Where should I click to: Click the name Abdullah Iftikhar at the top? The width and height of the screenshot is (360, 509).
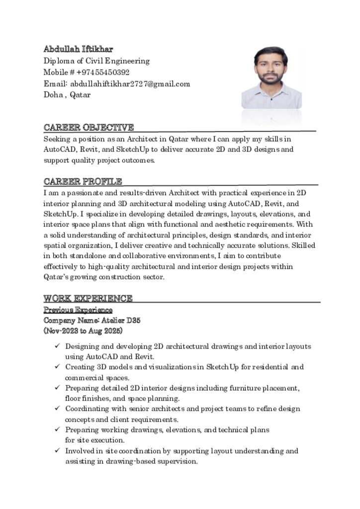click(78, 49)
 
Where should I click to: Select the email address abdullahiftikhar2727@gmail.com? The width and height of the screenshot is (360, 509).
click(130, 84)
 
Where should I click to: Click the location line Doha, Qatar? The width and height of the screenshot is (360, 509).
click(67, 94)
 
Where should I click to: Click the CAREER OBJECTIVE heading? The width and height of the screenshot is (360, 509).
click(89, 127)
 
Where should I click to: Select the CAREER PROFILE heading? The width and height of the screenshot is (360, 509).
click(83, 181)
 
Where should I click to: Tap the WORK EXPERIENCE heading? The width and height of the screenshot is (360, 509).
click(88, 298)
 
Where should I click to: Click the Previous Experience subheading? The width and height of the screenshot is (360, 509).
click(78, 310)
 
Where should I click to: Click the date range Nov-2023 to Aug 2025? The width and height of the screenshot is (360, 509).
click(83, 331)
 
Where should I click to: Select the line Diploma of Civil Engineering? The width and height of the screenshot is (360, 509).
click(96, 61)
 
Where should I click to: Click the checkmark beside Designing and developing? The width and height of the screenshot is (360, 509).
click(58, 346)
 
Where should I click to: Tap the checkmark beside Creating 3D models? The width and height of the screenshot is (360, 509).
click(58, 367)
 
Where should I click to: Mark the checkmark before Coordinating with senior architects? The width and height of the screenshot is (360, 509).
click(58, 409)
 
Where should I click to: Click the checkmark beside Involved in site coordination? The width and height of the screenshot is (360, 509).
click(58, 450)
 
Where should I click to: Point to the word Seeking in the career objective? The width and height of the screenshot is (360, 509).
click(56, 139)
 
